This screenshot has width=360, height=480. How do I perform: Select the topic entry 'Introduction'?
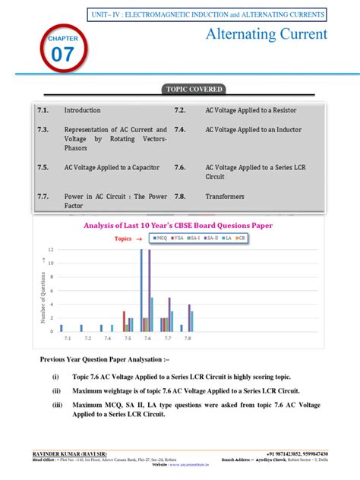[x=82, y=110]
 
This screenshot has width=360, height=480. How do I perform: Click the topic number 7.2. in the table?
[x=180, y=110]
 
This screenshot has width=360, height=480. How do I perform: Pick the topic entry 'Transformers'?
[x=225, y=196]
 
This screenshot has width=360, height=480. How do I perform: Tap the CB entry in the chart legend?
[x=242, y=238]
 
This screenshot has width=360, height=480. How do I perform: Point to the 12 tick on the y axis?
[x=51, y=249]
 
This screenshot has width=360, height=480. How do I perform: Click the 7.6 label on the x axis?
[x=147, y=338]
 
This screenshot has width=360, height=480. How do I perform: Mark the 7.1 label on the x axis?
[x=68, y=338]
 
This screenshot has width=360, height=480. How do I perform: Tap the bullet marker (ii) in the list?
[x=56, y=391]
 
